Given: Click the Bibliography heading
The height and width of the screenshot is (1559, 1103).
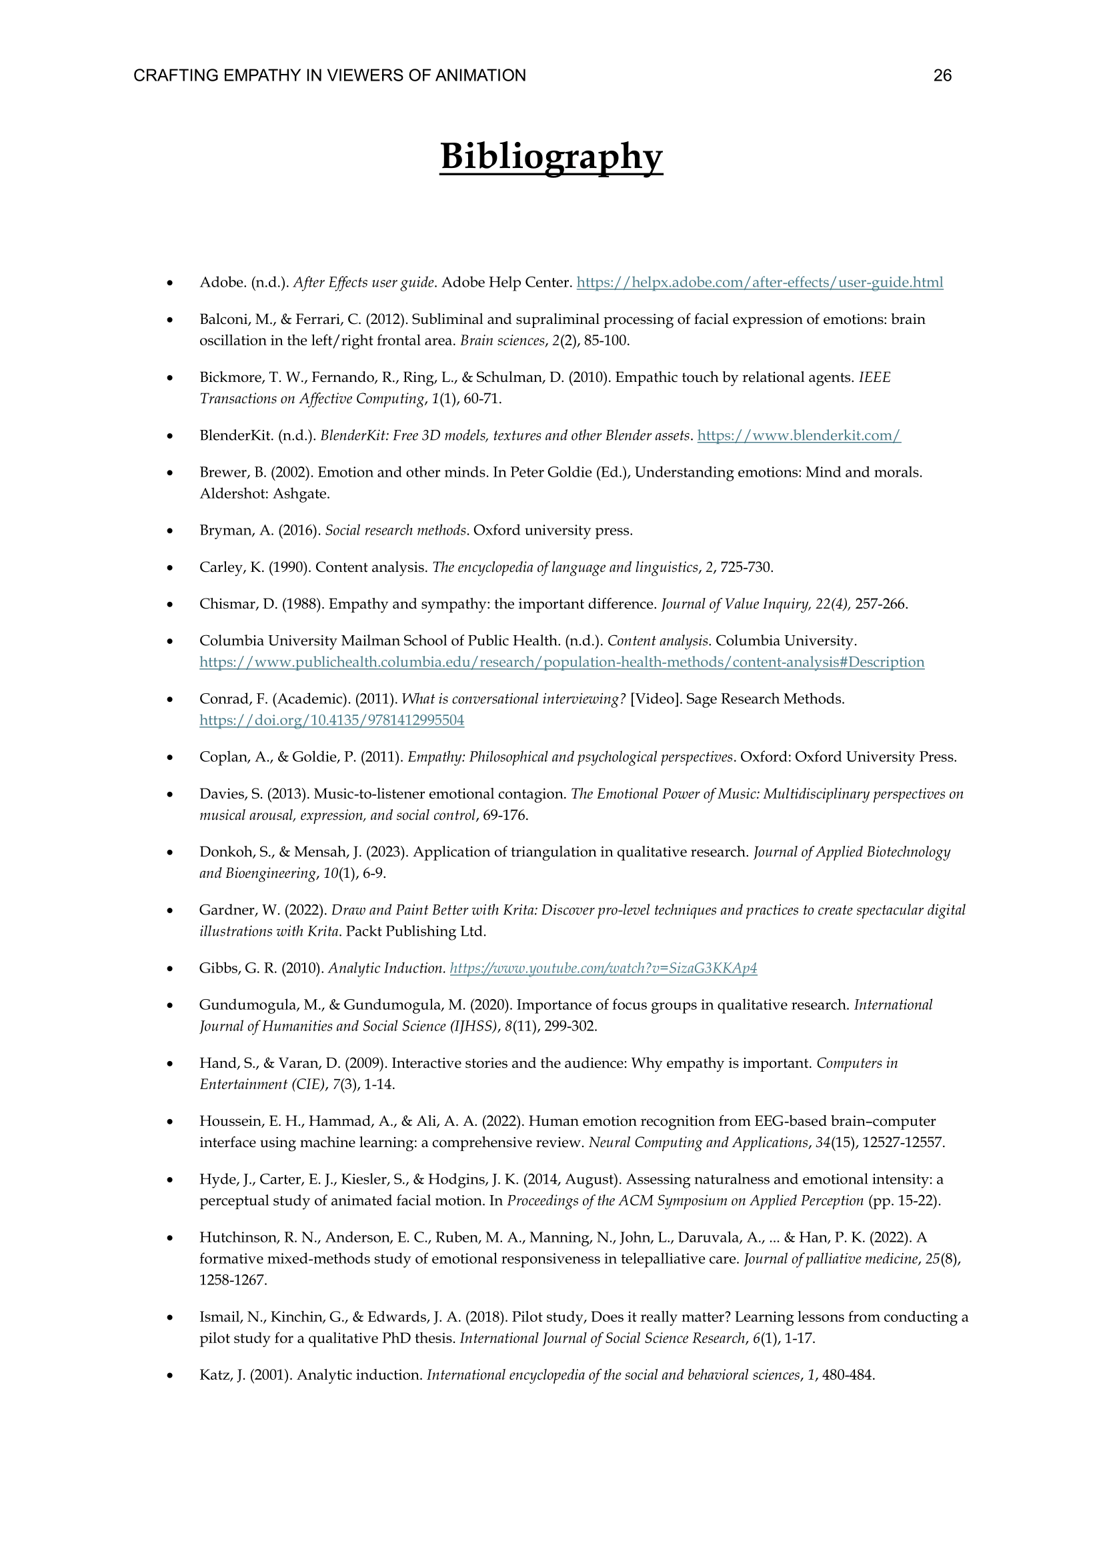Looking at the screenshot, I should point(551,156).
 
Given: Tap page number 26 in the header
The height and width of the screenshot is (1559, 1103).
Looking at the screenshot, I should point(942,75).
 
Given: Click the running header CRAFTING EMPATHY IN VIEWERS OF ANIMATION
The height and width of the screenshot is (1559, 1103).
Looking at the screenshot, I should point(329,75).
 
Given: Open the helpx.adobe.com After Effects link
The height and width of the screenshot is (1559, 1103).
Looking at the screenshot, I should point(760,283).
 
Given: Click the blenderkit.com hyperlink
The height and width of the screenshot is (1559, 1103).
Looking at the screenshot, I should point(799,436).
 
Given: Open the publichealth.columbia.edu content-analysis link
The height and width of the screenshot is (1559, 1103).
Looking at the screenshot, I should point(562,662).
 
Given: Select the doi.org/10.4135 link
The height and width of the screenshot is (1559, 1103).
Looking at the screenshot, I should point(331,721).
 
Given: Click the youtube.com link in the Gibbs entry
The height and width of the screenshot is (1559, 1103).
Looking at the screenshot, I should point(603,968).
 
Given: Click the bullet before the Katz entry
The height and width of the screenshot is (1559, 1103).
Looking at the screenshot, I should point(170,1376).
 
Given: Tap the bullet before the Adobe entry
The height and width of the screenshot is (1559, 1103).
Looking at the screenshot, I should point(170,283).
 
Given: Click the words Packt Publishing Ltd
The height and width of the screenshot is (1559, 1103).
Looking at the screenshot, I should point(415,932).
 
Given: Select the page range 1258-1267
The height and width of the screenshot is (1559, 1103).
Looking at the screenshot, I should point(233,1280).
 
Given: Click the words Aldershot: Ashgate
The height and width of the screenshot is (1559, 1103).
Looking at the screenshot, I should point(264,494).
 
